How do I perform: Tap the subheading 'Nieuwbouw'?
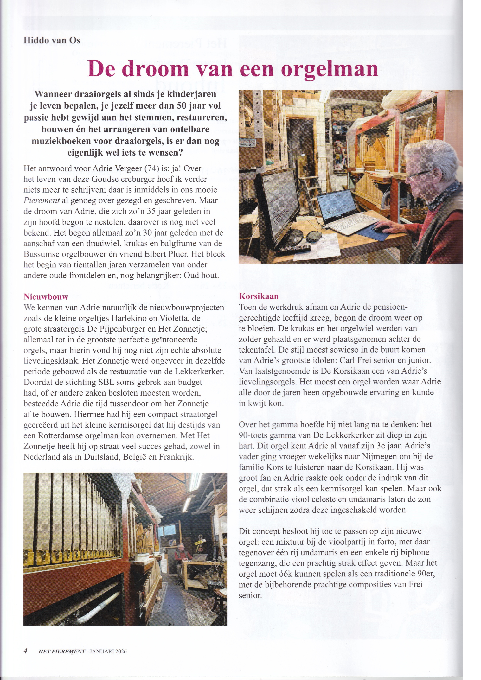click(46, 296)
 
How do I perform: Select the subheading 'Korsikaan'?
click(259, 296)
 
